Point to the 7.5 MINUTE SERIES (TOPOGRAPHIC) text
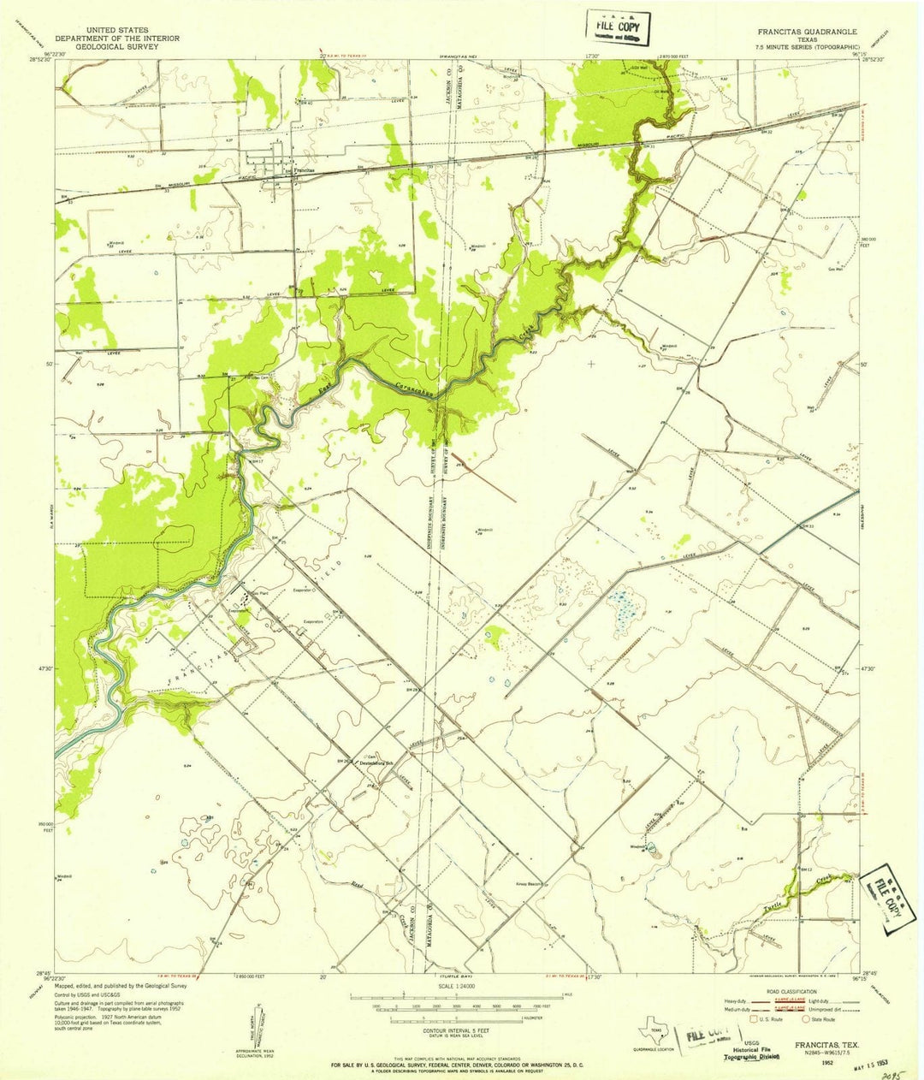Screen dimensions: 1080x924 807,47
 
